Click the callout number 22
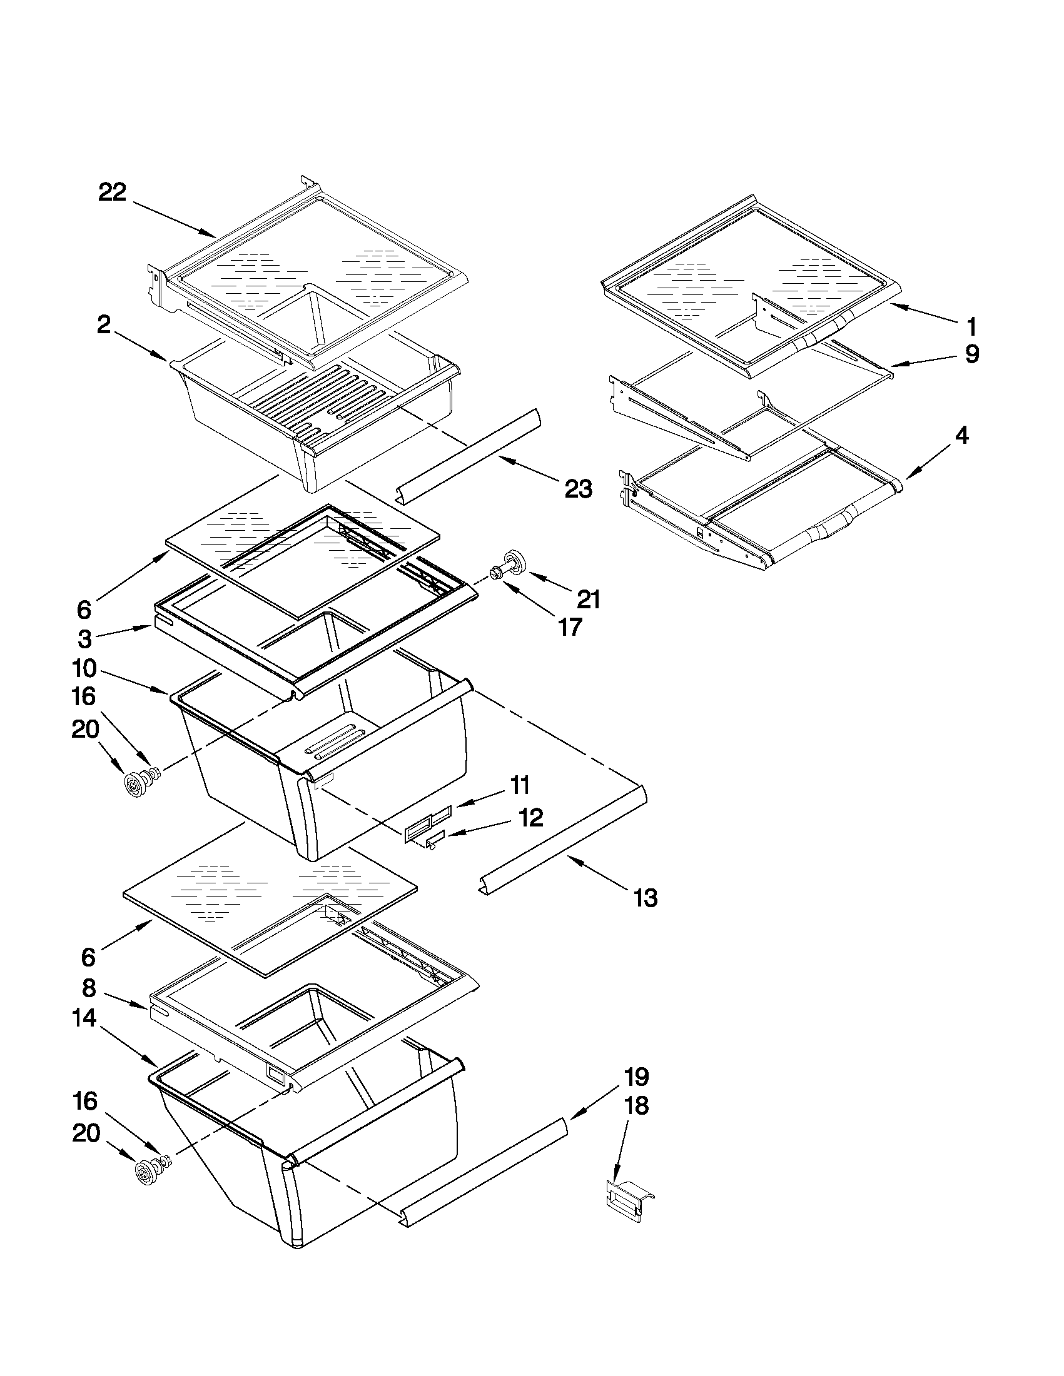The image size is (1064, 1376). point(112,192)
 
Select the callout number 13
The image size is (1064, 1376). point(645,898)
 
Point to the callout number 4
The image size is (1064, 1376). point(961,435)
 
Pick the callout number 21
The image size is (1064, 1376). point(588,599)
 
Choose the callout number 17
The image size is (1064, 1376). point(570,627)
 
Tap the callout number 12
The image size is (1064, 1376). point(530,818)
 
